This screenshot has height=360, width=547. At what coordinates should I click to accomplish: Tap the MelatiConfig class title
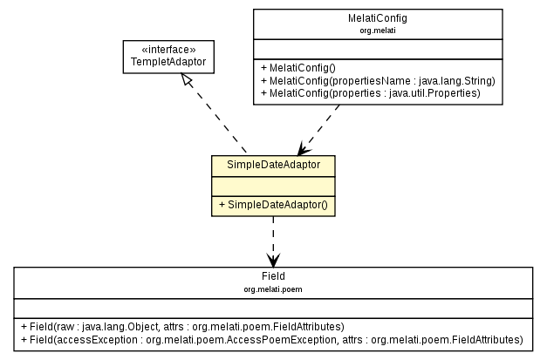point(377,17)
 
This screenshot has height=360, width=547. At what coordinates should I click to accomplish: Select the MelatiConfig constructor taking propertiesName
point(377,80)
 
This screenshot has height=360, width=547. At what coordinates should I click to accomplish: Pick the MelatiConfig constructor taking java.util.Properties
point(370,92)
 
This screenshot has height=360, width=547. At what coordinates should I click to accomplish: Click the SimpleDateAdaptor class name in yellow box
point(273,165)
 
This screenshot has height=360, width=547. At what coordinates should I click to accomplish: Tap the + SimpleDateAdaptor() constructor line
point(273,205)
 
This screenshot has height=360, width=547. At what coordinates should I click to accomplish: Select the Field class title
point(273,275)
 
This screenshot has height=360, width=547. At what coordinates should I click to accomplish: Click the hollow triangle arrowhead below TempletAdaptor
point(186,81)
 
